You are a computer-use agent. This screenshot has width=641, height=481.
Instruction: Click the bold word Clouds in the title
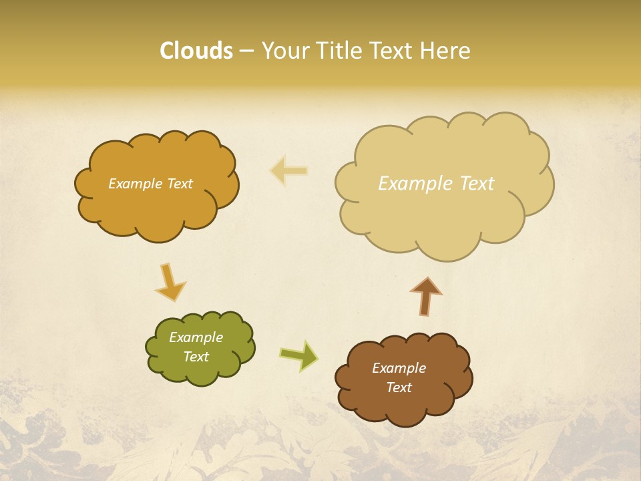pyautogui.click(x=196, y=51)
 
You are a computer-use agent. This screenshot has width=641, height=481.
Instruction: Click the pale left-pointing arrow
pyautogui.click(x=288, y=170)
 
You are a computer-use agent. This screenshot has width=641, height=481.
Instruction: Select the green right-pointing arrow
pyautogui.click(x=299, y=355)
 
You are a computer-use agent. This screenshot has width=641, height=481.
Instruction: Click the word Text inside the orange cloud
pyautogui.click(x=180, y=184)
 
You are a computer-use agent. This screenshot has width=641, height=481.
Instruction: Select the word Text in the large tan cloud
pyautogui.click(x=477, y=184)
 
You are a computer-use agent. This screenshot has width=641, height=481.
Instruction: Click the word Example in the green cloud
pyautogui.click(x=196, y=337)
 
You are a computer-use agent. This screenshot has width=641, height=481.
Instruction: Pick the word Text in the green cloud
pyautogui.click(x=196, y=357)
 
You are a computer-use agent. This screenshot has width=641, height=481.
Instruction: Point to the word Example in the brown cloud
pyautogui.click(x=399, y=368)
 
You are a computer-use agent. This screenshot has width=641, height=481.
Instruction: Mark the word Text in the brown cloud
pyautogui.click(x=399, y=387)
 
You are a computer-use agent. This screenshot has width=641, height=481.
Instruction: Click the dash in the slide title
pyautogui.click(x=246, y=51)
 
